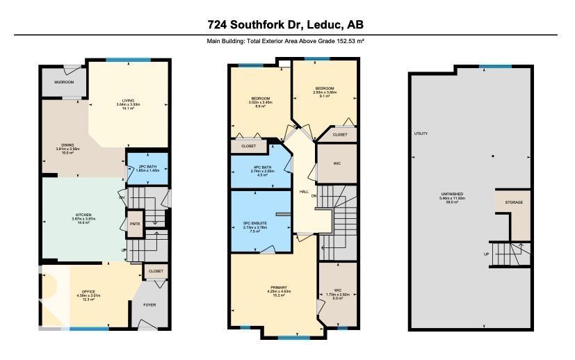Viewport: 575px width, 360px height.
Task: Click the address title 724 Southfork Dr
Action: coord(285,25)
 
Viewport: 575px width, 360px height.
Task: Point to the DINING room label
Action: coord(67,148)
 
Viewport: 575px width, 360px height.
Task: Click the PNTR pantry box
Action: coord(135,224)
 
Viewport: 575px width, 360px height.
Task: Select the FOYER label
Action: coord(149,304)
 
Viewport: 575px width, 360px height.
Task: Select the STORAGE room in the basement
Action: coord(514,203)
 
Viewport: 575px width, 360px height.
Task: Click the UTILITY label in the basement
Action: coord(421,133)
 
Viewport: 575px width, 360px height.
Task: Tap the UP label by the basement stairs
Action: coord(485,254)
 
